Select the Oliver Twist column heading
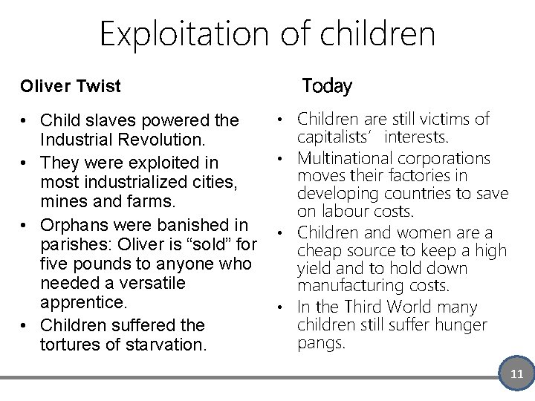[x=70, y=86]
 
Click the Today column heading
[x=327, y=86]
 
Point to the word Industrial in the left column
[x=76, y=140]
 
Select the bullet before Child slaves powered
[x=25, y=120]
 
